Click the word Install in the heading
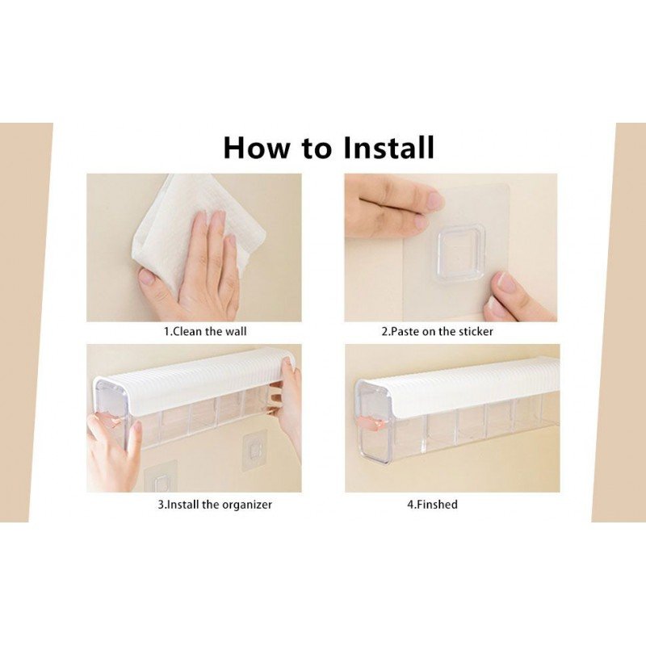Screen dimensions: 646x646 pos(388,148)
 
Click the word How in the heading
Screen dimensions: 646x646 pos(256,148)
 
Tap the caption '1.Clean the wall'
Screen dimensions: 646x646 pos(205,331)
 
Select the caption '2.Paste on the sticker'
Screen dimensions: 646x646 pos(437,331)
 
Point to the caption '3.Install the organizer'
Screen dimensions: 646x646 pos(215,504)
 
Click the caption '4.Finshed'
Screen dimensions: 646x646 pos(432,504)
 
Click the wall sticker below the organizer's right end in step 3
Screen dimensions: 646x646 pos(255,448)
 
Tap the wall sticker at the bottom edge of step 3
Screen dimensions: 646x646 pos(161,478)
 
